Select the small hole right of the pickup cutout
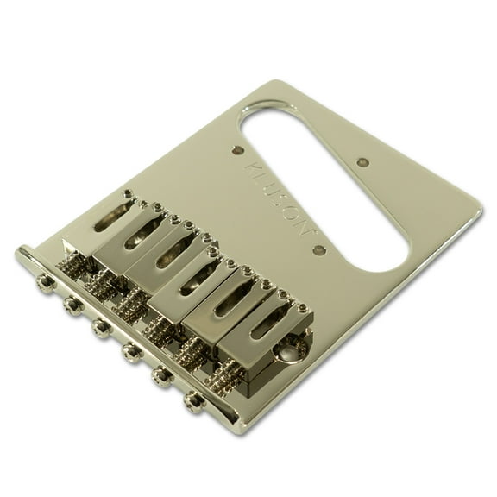(x=363, y=162)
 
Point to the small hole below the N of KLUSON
(x=319, y=249)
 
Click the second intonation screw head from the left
(x=72, y=304)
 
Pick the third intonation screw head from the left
(x=101, y=327)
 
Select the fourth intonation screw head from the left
(x=131, y=350)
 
